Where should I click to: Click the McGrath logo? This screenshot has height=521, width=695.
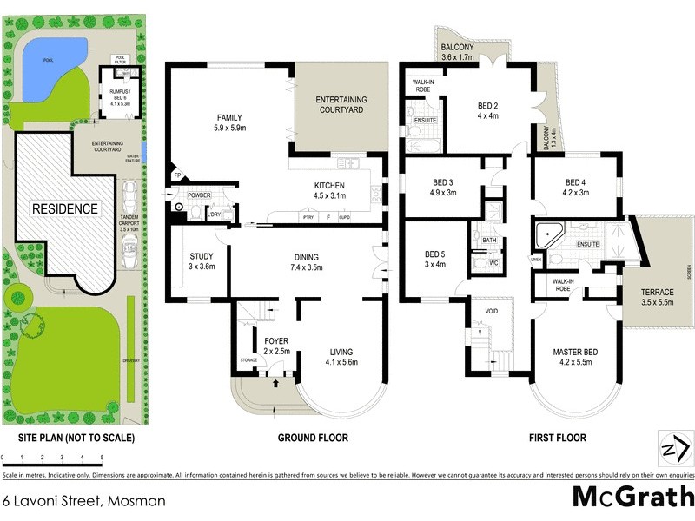(632, 498)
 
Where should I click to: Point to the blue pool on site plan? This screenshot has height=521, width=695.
(43, 70)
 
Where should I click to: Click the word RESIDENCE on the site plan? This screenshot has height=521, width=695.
(66, 209)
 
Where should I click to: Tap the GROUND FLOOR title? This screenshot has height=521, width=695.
(313, 438)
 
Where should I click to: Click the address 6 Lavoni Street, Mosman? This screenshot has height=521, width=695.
(83, 501)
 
